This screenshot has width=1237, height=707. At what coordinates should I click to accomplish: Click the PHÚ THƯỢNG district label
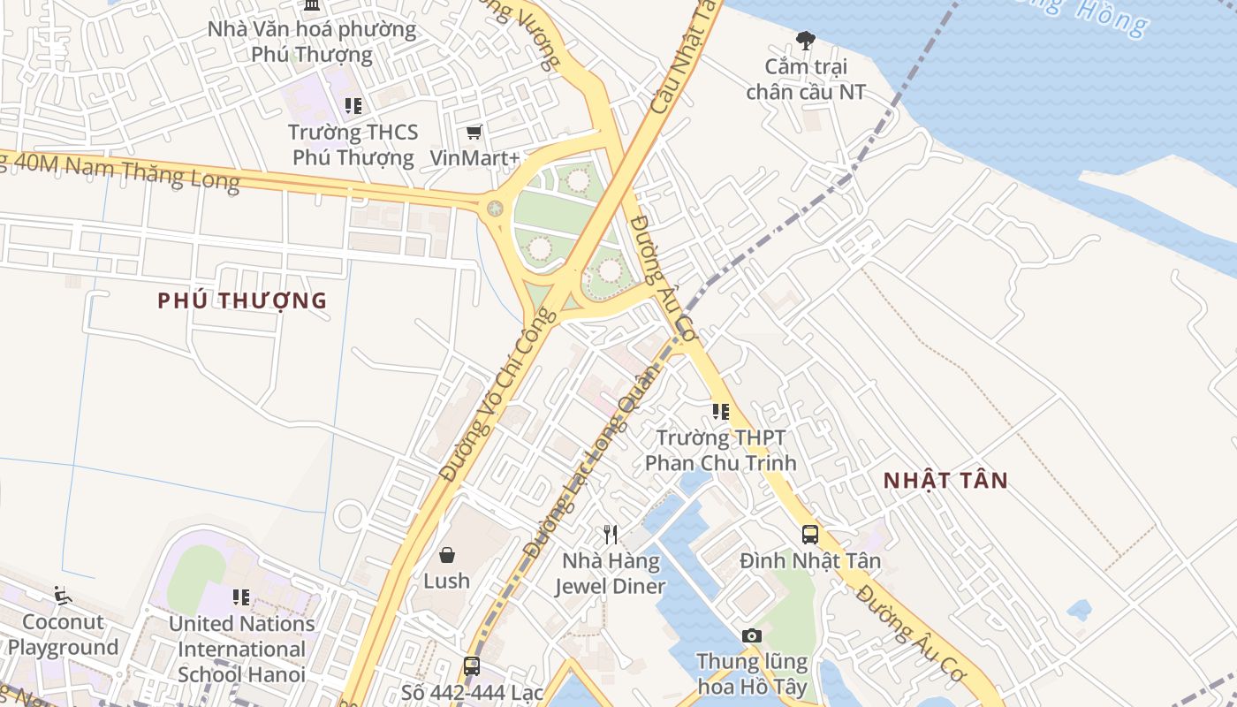coord(242,300)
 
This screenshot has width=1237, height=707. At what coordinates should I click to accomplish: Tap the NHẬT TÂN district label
coord(946,481)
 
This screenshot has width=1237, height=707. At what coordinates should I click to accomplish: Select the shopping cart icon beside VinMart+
coord(474,133)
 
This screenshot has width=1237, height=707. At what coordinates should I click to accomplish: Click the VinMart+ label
coord(474,158)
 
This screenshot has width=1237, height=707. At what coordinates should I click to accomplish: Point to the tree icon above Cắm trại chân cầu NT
coord(805,40)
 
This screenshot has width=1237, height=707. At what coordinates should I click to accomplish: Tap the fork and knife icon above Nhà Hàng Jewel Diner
coord(610,534)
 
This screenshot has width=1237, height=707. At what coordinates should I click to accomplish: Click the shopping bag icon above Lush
coord(447,555)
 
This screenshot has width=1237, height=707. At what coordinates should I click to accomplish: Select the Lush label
coord(447,581)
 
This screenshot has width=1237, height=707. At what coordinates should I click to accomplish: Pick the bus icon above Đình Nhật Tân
coord(810,534)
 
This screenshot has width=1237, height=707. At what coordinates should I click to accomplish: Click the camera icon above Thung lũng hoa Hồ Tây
coord(752,635)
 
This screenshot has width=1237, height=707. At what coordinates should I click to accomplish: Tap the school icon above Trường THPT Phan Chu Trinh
coord(721,411)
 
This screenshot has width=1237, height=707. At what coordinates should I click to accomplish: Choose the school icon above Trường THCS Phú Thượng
coord(353,106)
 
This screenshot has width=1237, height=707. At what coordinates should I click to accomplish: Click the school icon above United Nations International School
coord(241,597)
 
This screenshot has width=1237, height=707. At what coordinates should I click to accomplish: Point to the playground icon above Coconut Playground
coord(62,596)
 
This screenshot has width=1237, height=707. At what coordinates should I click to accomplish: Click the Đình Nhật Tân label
coord(810,560)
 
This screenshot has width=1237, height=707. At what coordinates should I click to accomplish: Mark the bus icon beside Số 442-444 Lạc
coord(472,665)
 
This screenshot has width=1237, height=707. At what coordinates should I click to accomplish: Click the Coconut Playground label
coord(63,635)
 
